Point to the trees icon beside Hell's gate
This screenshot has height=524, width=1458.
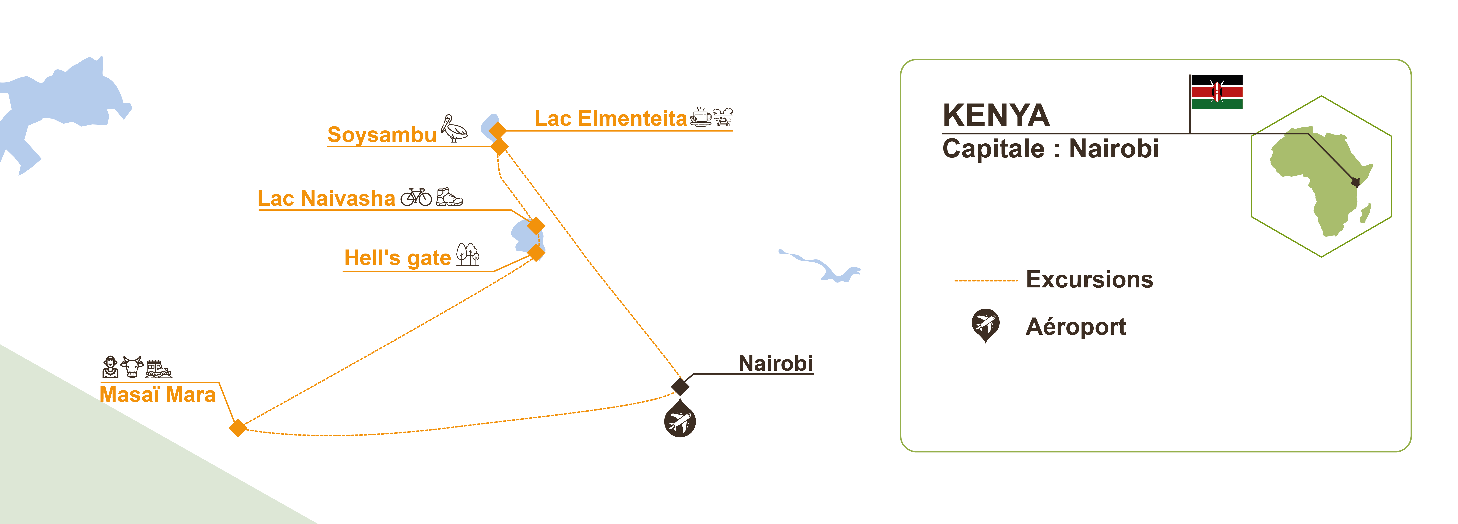(x=467, y=255)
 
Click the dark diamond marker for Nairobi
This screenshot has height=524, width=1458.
(x=680, y=387)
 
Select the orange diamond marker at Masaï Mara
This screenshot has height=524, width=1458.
(x=238, y=428)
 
